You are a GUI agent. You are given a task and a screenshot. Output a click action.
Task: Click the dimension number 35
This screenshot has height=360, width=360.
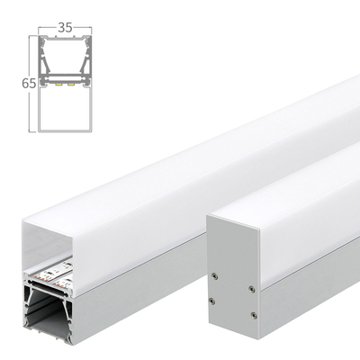[63, 28]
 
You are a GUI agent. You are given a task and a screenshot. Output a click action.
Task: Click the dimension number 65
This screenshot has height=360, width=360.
[28, 83]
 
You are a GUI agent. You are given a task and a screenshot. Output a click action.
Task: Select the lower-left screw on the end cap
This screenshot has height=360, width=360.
[213, 300]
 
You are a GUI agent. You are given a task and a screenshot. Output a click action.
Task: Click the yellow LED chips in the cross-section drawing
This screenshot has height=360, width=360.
[63, 85]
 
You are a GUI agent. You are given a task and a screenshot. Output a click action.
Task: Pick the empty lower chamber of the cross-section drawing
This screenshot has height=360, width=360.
[63, 108]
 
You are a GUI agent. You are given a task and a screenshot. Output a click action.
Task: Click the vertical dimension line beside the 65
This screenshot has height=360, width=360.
[39, 83]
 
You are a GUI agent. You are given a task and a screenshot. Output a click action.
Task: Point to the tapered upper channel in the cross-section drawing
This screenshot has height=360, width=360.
[63, 58]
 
